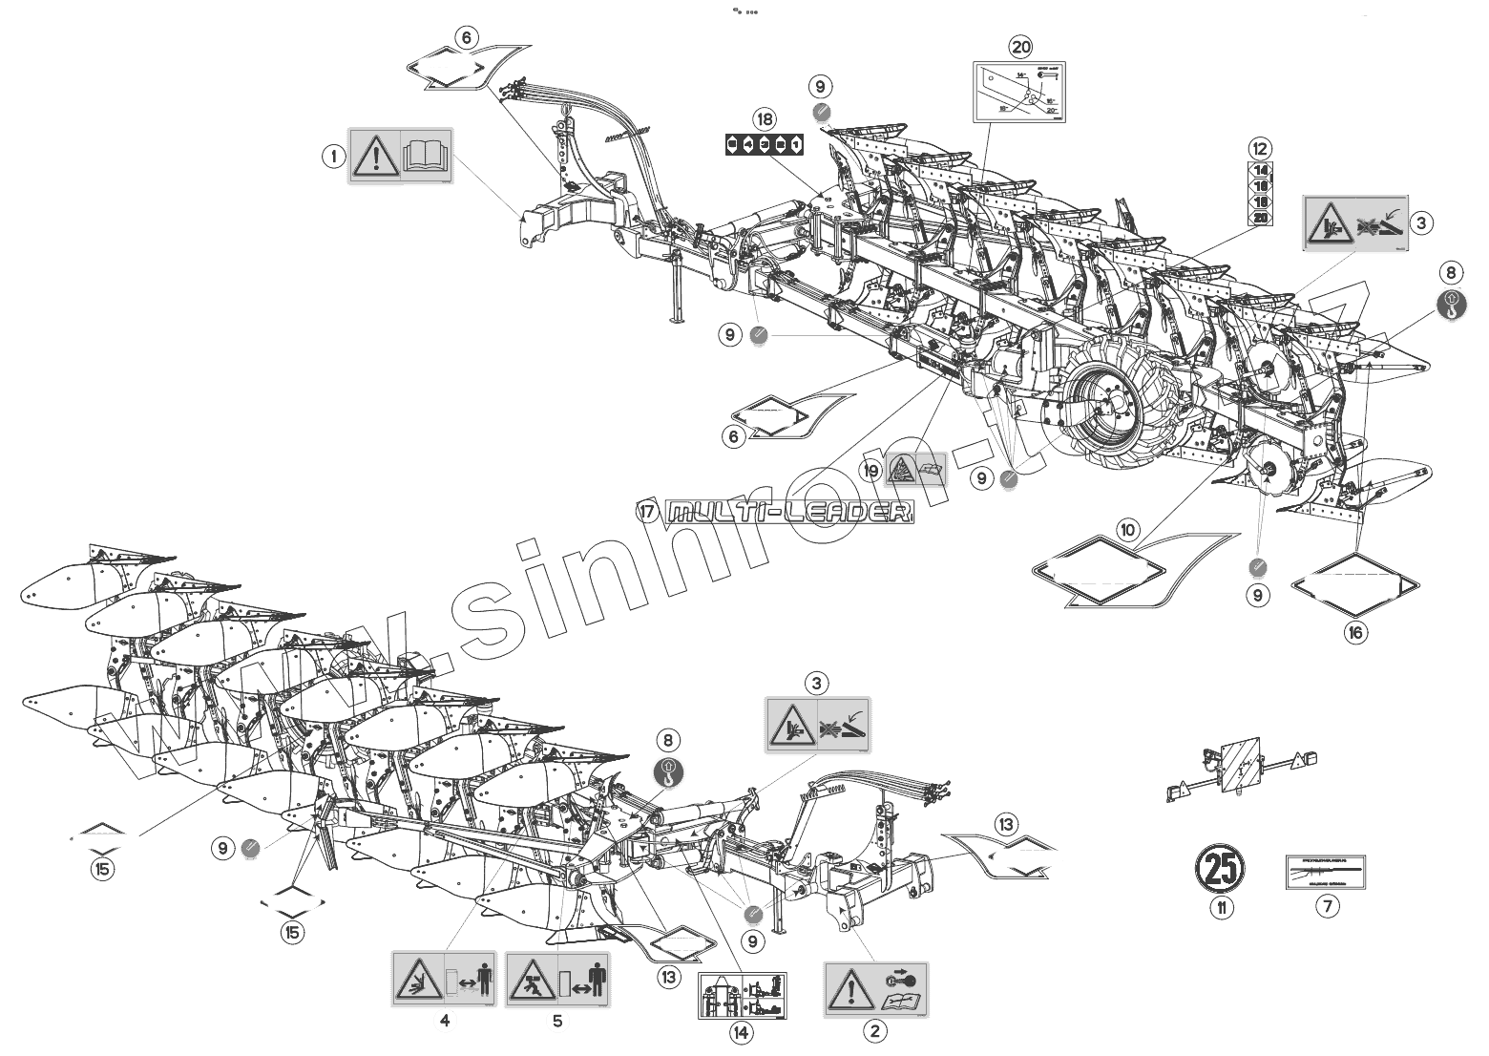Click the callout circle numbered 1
pos(333,156)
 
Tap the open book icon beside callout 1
pos(426,156)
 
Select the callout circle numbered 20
pos(1021,45)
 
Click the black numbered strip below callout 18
pos(765,144)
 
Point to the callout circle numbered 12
pos(1260,148)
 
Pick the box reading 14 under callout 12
pos(1260,170)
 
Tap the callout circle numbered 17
pos(648,512)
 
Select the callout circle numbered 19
pos(870,470)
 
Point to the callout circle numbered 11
pos(1221,908)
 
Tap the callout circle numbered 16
pos(1355,631)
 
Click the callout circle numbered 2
pos(874,1031)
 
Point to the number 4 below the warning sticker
pos(444,1021)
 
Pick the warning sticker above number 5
pos(557,979)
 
